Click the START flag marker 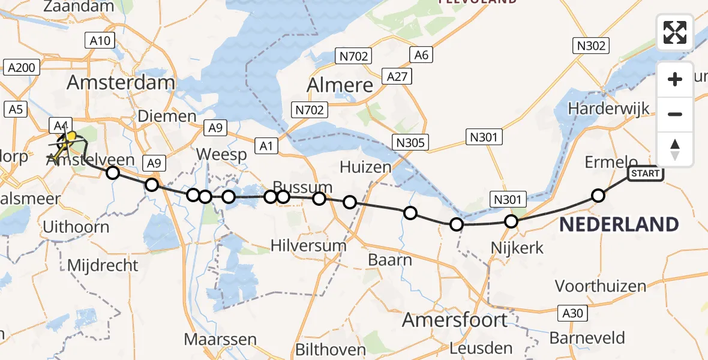645,174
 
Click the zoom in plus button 675,79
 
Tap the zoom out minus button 675,114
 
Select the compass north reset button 675,149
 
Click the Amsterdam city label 121,82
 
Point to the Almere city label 340,85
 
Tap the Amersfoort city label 455,320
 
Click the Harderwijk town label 609,109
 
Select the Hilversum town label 308,245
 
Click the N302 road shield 591,45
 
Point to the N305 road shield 410,142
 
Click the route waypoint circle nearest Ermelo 598,195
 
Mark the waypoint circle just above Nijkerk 511,221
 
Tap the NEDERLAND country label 619,225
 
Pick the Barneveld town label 587,338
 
